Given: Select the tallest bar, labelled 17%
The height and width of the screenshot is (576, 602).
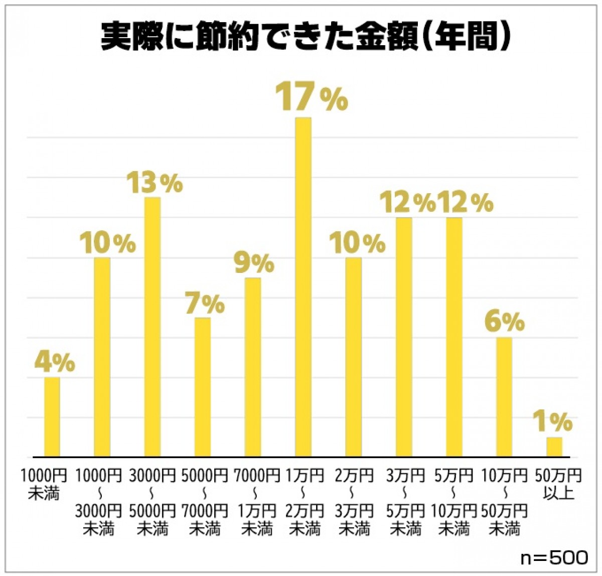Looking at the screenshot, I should (x=303, y=287).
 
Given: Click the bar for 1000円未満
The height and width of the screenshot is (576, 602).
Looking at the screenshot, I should (x=52, y=417).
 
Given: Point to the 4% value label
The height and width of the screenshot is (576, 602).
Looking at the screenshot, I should (x=55, y=362).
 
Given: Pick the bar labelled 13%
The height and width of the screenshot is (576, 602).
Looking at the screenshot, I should (x=153, y=327).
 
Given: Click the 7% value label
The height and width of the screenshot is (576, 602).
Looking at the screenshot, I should (x=205, y=304).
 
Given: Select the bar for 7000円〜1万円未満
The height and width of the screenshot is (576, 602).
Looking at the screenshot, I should (x=253, y=367).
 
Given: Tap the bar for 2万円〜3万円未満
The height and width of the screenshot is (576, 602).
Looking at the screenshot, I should (x=353, y=357).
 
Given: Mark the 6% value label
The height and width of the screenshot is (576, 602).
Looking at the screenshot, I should (x=505, y=322).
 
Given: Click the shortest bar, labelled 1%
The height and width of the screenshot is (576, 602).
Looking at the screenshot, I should (x=554, y=447).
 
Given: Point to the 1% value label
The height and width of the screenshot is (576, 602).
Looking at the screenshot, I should (x=552, y=421).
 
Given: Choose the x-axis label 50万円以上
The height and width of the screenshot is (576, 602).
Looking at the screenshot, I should (x=558, y=484).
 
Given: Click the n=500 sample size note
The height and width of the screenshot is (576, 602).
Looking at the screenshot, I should (x=554, y=557).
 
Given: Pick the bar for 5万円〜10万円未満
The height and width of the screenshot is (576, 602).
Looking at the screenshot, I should (x=454, y=337).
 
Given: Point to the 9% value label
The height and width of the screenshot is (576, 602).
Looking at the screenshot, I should (x=254, y=263).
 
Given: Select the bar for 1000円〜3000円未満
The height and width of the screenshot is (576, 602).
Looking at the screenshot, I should (x=102, y=357).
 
